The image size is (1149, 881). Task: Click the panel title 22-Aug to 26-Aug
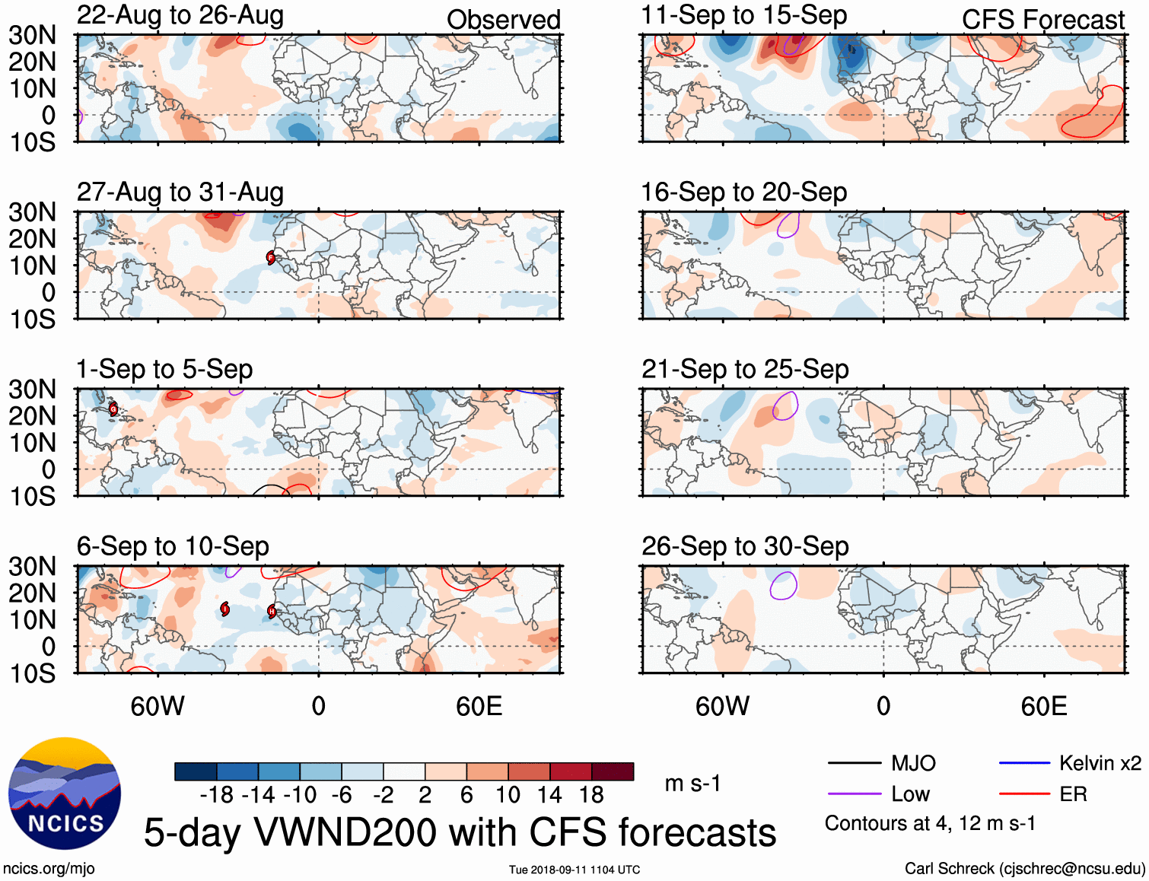pos(180,15)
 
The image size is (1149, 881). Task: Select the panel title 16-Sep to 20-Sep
pos(743,192)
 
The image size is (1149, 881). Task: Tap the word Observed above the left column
pos(503,20)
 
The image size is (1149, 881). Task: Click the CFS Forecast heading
pos(1042,20)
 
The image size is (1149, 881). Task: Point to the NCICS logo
pos(65,794)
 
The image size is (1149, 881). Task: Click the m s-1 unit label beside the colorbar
pos(692,783)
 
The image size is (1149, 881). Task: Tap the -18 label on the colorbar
pos(217,795)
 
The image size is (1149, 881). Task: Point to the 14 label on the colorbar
pos(549,795)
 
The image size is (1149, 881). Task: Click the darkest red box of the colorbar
pos(613,771)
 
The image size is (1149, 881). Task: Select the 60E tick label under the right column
pos(1043,707)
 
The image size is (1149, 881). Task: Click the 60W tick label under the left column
pos(158,707)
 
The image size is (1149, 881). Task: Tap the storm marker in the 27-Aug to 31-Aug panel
pos(270,258)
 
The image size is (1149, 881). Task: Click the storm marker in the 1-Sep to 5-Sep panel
pos(113,409)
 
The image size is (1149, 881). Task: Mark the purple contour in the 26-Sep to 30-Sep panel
pos(783,586)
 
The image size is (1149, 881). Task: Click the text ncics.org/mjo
pos(49,869)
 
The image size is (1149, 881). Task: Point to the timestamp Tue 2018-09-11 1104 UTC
pos(574,870)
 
